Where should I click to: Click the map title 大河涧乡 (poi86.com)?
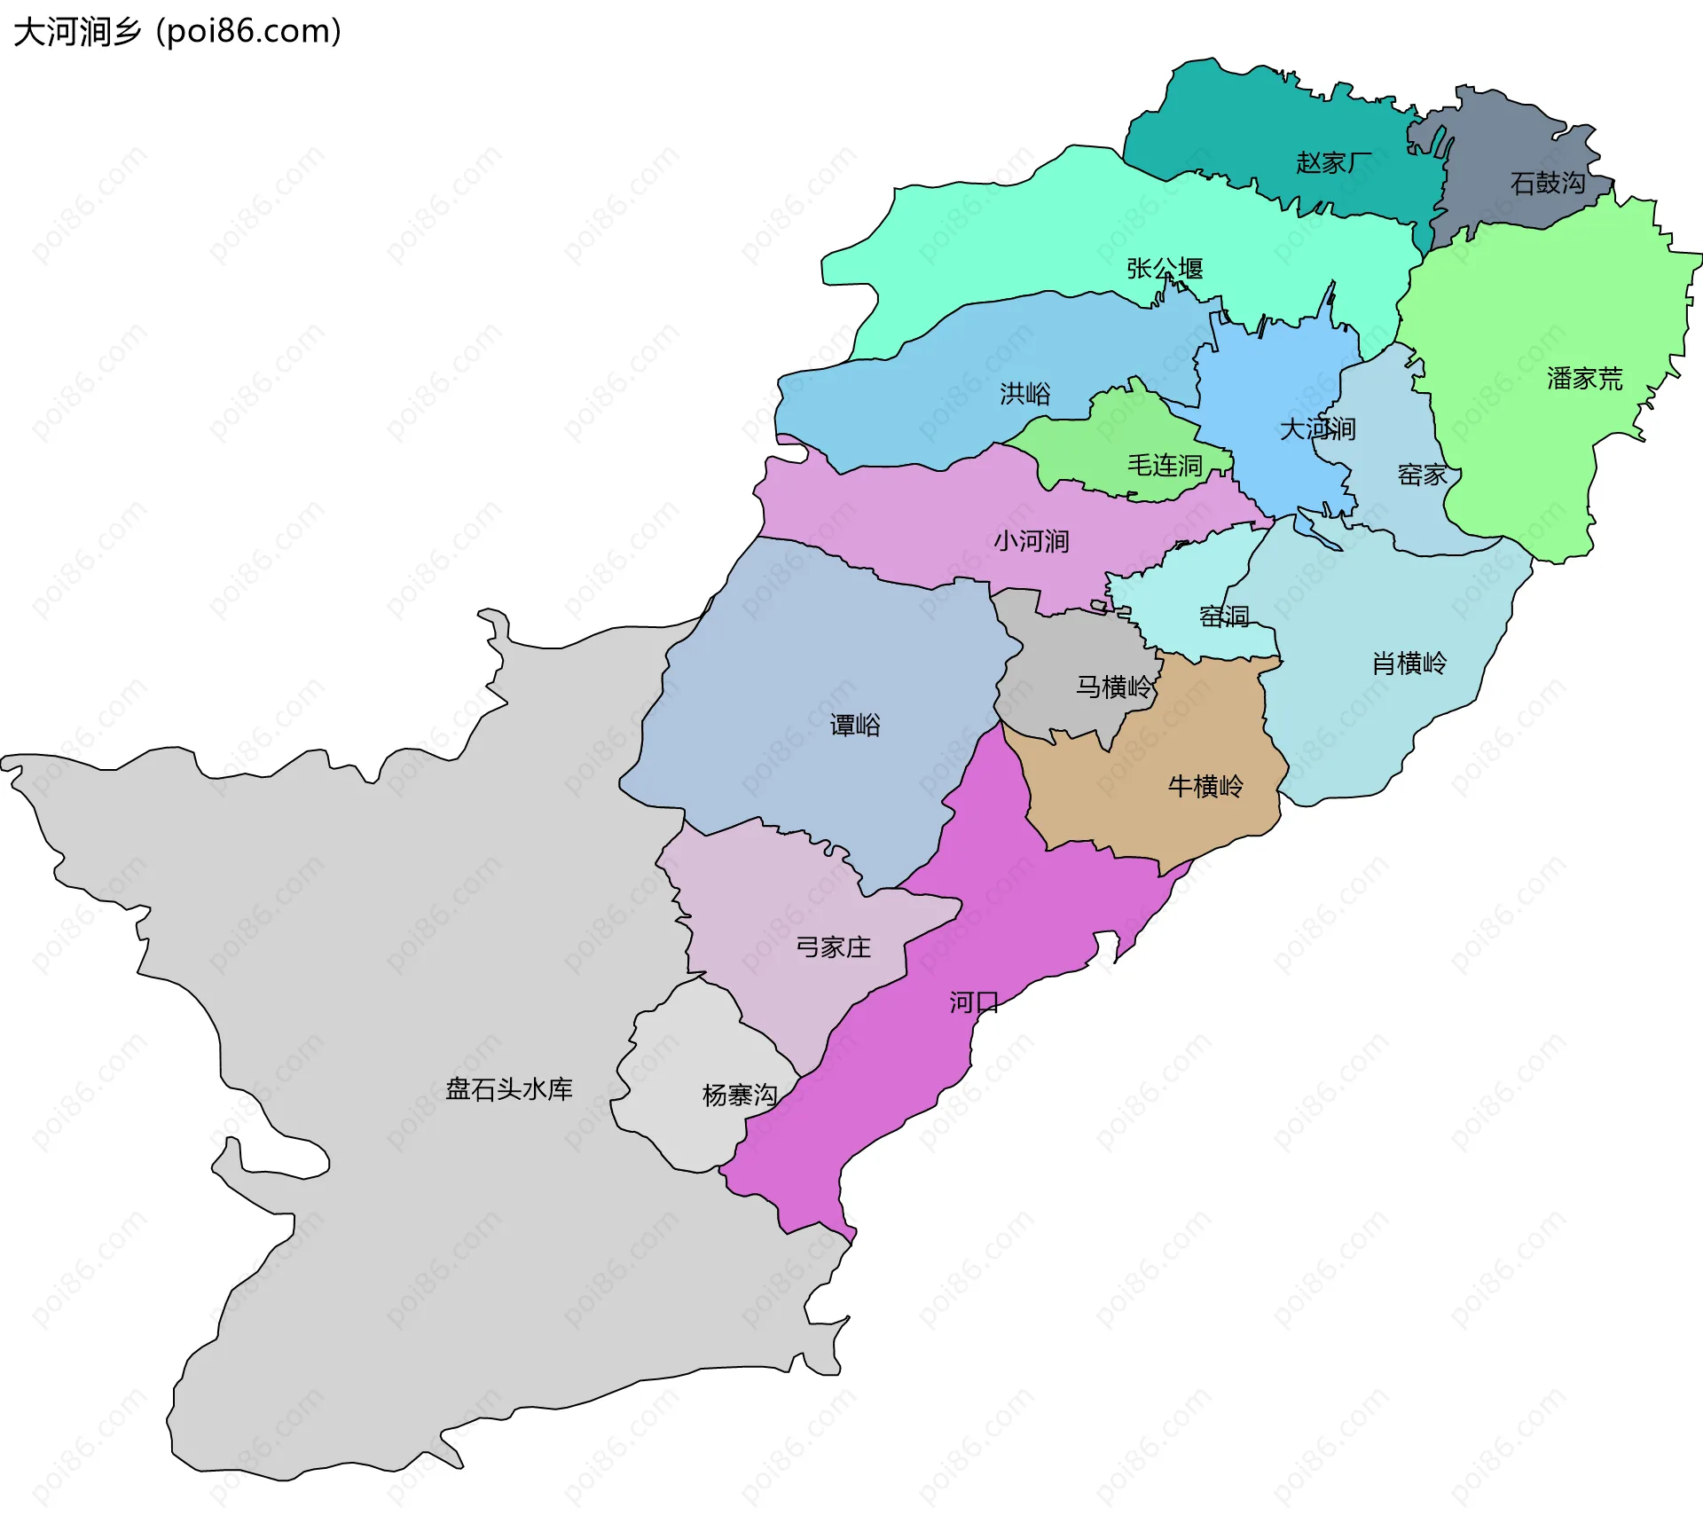pos(177,32)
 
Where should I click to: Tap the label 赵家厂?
pos(1333,162)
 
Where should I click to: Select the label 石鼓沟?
pos(1548,183)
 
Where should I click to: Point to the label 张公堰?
pos(1165,268)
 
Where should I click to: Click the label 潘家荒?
pos(1584,379)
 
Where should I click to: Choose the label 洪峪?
pos(1025,393)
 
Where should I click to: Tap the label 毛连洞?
pos(1165,465)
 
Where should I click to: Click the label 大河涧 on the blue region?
pos(1317,429)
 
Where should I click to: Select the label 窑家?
pos(1422,475)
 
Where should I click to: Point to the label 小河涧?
pos(1031,541)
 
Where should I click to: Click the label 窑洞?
pos(1224,616)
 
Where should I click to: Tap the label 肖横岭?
pos(1409,663)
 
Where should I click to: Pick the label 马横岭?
pos(1114,687)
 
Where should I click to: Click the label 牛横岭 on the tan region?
pos(1205,786)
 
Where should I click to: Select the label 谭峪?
pos(855,726)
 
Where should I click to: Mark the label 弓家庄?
pos(833,947)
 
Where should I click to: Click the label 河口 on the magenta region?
pos(974,1002)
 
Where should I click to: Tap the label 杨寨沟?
pos(740,1095)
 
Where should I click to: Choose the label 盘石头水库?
pos(509,1089)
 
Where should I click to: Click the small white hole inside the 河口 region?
pos(1106,946)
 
